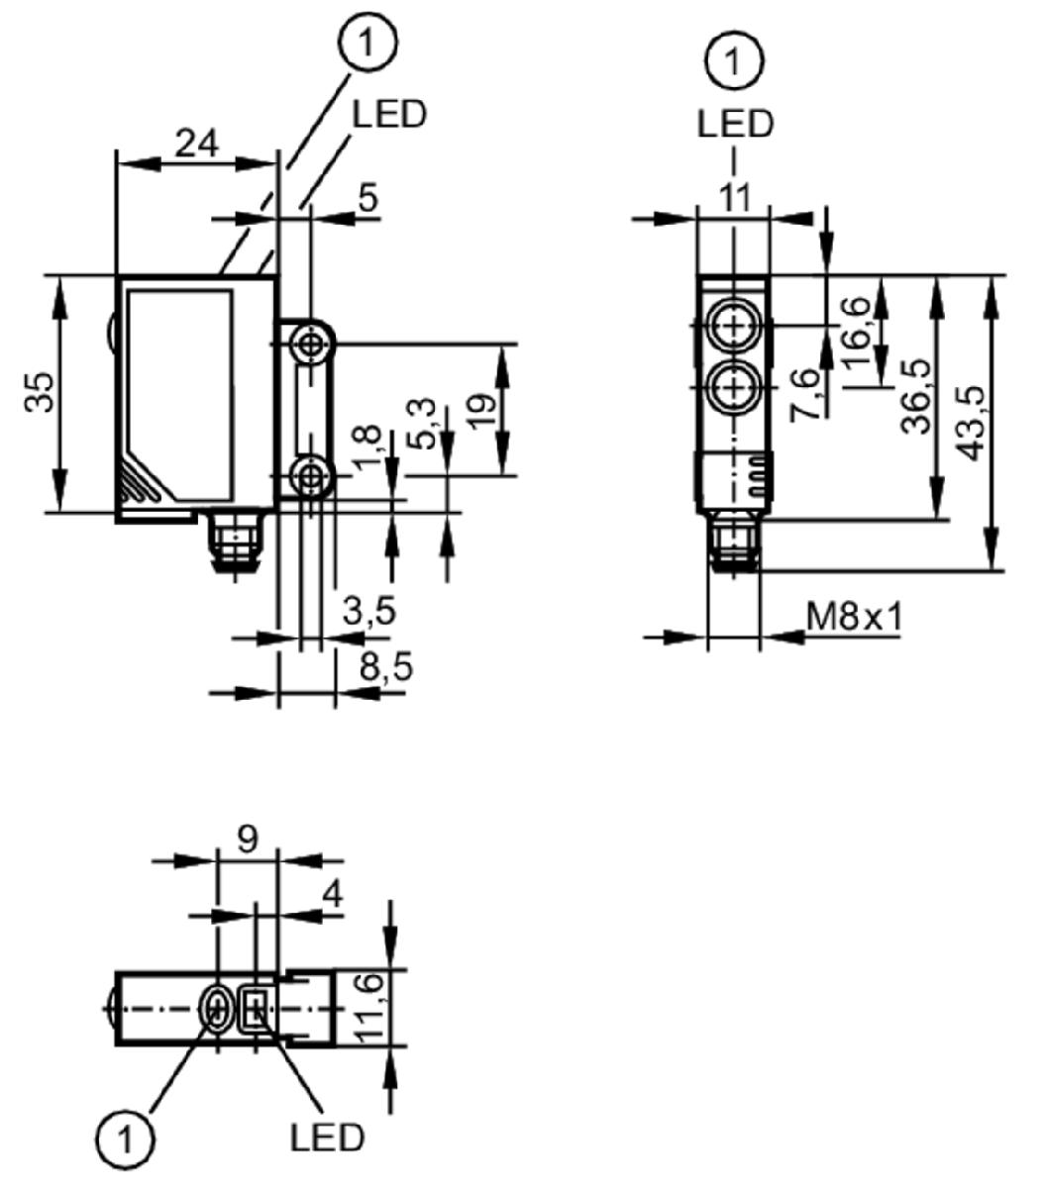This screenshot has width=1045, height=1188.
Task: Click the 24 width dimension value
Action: [196, 144]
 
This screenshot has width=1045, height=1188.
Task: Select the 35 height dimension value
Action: [40, 392]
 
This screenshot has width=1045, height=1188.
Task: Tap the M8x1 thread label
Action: [854, 617]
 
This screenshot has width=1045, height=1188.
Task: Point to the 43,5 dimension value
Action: [970, 423]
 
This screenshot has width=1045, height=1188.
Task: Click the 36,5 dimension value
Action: [916, 396]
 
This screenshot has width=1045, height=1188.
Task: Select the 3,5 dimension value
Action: [369, 612]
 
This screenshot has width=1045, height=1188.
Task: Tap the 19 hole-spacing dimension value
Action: [483, 412]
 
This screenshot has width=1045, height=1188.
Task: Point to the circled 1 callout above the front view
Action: [734, 60]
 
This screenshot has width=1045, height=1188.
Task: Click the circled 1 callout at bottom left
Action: [125, 1137]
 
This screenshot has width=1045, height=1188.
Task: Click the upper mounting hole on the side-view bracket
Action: [311, 345]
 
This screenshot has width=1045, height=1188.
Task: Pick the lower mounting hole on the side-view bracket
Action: [311, 476]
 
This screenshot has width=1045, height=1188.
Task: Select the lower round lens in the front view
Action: [734, 388]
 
